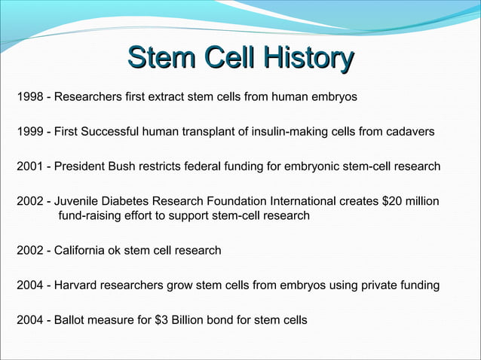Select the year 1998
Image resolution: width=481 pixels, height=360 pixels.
(x=29, y=97)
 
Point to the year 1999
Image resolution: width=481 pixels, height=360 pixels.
(x=29, y=132)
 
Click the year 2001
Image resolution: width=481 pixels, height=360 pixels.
(x=29, y=166)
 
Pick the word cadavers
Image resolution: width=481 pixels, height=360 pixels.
(x=409, y=132)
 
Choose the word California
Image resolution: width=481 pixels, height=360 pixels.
(x=84, y=250)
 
